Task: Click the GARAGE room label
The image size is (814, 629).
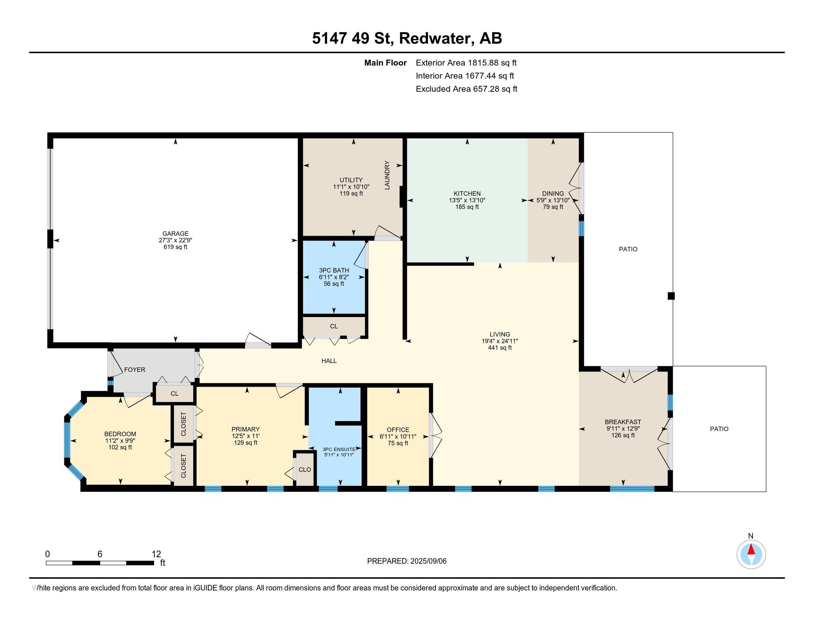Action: coord(175,233)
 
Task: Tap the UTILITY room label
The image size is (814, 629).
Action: coord(351,180)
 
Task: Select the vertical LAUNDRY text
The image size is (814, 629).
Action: coord(387,175)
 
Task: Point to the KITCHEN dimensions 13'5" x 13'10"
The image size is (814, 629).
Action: coord(467,200)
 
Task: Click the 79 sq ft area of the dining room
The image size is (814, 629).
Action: coord(553,207)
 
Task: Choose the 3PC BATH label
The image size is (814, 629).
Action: coord(334,270)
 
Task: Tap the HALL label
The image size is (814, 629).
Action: coord(329,361)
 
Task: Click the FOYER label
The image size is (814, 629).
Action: coord(135,370)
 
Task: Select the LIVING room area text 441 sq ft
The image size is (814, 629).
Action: coord(500,348)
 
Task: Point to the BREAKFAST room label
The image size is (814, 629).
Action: coord(623,422)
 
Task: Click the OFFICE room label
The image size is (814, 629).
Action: coord(398,430)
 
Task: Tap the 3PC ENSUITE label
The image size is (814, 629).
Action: coord(339,449)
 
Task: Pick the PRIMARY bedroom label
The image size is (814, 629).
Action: coord(245,429)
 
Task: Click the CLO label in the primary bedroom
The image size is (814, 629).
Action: coord(305,470)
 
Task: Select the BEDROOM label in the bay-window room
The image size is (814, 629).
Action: coord(120,434)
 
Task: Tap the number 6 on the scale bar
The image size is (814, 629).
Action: coord(100,554)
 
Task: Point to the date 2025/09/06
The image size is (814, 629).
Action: coord(428,561)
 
